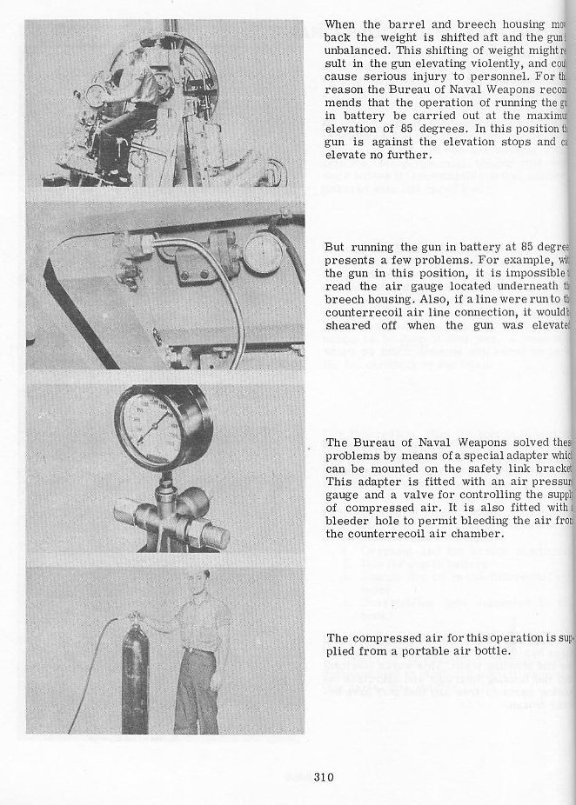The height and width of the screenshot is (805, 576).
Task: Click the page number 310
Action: (325, 777)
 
